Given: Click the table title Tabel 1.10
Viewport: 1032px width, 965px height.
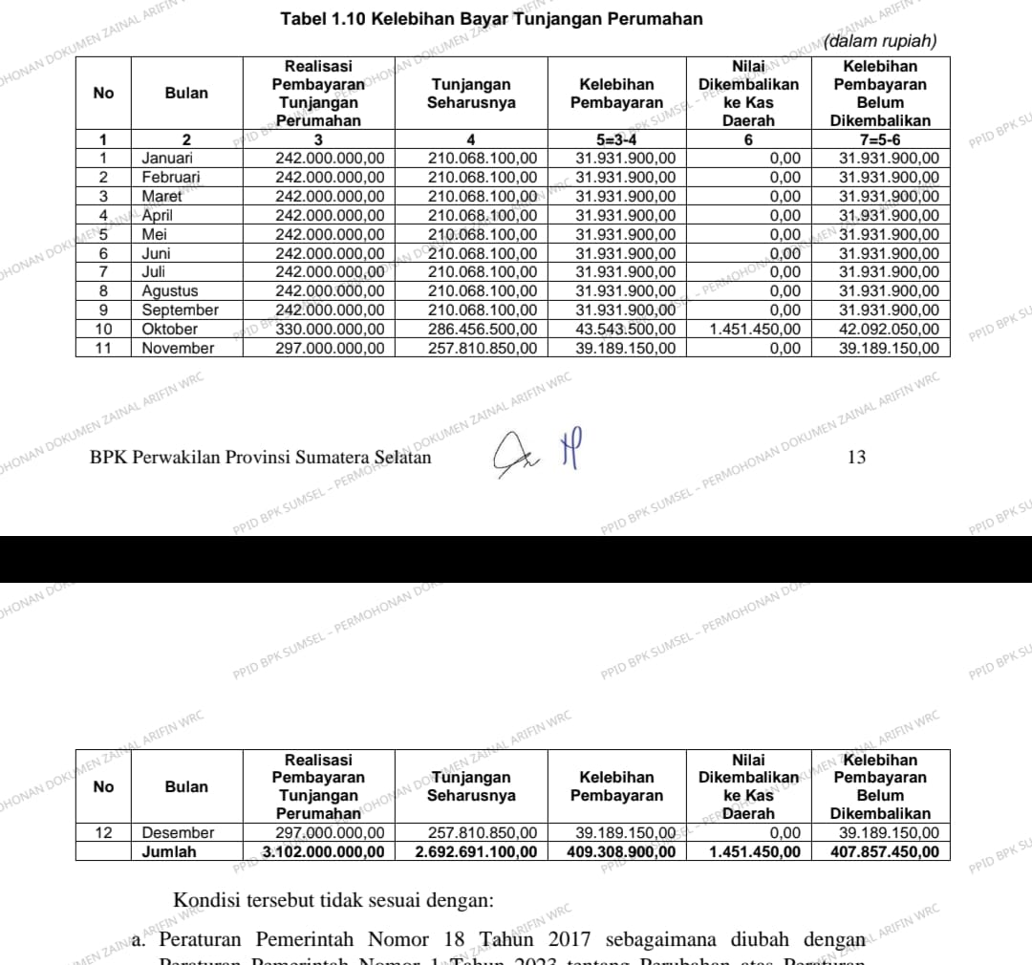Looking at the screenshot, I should tap(490, 19).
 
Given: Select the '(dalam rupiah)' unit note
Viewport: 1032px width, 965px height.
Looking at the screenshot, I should tap(883, 42).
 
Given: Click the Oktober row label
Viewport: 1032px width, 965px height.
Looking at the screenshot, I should tap(170, 329).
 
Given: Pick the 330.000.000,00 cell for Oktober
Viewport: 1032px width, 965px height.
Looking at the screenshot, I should tap(330, 329).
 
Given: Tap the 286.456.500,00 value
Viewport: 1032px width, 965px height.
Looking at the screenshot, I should tap(483, 329).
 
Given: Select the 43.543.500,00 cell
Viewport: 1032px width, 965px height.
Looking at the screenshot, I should tap(625, 329).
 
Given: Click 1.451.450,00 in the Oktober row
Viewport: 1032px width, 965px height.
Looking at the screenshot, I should tap(755, 329).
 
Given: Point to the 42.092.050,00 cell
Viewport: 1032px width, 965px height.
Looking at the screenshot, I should tap(889, 329).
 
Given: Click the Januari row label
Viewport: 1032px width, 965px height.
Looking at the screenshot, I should tap(167, 158).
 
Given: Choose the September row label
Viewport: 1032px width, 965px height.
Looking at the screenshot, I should tap(181, 310).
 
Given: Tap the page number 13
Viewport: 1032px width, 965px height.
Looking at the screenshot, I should tap(856, 458).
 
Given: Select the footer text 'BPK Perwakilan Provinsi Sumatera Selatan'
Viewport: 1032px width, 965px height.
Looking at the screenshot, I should tap(260, 458).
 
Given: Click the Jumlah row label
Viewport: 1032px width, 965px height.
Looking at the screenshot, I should tap(169, 851).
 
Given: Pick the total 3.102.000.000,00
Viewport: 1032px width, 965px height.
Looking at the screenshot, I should tap(324, 851).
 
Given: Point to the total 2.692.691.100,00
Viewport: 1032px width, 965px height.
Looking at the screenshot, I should tap(476, 851).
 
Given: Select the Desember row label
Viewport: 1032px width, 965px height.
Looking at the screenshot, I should tap(179, 832).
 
